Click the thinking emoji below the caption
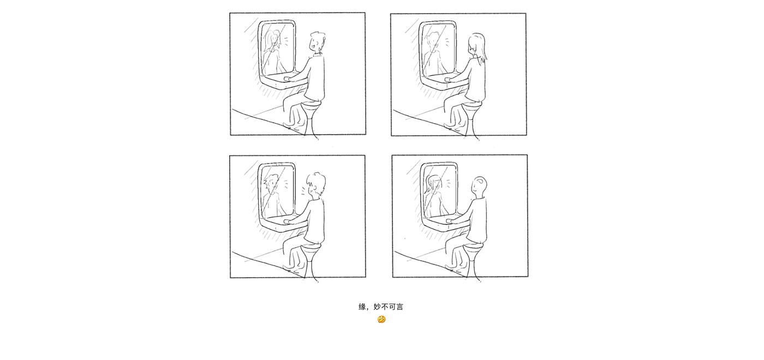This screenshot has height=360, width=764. tap(381, 320)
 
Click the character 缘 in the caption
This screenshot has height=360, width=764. tap(362, 307)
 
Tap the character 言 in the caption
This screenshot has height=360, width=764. tap(399, 307)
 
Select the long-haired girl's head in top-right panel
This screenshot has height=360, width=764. tap(477, 45)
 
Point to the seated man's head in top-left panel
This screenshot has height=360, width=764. tap(317, 41)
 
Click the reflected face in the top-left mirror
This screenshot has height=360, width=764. tap(273, 41)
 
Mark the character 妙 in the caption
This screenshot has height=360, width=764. tap(377, 307)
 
